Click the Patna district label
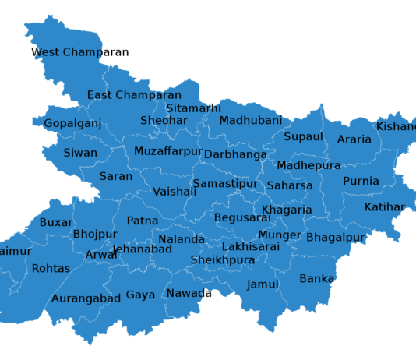click(143, 221)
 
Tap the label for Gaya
click(140, 295)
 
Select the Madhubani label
click(250, 121)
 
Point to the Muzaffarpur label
click(167, 151)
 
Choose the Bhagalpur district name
click(335, 237)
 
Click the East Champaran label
click(134, 96)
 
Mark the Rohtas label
click(51, 269)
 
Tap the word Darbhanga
click(235, 155)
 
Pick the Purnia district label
click(361, 182)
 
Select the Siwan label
click(80, 154)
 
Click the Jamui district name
click(263, 284)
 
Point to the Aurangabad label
click(86, 298)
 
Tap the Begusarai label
click(241, 217)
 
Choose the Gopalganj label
click(72, 124)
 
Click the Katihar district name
click(384, 207)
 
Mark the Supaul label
click(303, 137)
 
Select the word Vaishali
click(175, 192)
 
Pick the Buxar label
click(56, 222)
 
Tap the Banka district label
click(316, 279)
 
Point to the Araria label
click(354, 140)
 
